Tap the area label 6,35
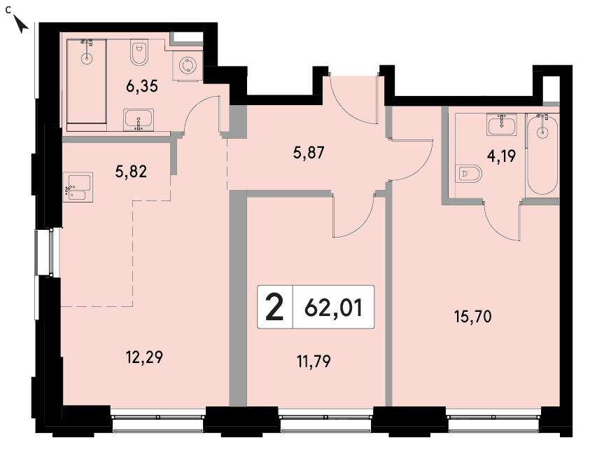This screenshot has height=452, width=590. [142, 87]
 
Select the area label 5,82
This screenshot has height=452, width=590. [131, 172]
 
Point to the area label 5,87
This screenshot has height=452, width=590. [309, 153]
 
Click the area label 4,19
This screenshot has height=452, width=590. [501, 156]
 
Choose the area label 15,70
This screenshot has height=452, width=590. [473, 317]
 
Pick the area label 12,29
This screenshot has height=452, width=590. [144, 357]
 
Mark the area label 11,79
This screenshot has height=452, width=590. [314, 362]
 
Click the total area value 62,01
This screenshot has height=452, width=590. [333, 308]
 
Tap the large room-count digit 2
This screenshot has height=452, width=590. [274, 308]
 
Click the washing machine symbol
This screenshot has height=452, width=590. [187, 65]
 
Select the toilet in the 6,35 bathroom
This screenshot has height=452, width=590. [139, 52]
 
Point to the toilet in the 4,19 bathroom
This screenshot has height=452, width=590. [468, 174]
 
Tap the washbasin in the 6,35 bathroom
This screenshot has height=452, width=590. [139, 120]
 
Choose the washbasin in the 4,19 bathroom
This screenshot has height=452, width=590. [502, 124]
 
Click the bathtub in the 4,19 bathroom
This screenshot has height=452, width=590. [542, 154]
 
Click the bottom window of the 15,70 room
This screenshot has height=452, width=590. [493, 423]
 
